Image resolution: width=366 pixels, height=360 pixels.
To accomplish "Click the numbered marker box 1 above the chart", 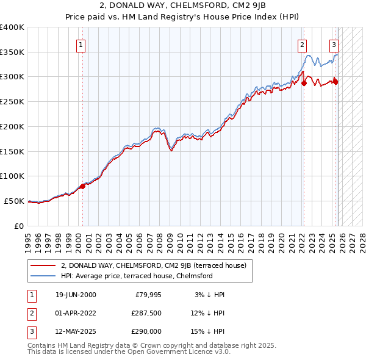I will tap(81, 44).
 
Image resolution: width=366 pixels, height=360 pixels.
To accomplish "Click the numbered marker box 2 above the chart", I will tap(302, 44).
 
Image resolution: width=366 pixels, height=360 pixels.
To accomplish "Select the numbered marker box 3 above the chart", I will tap(334, 44).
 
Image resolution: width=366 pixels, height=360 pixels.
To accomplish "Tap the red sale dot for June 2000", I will tap(83, 186).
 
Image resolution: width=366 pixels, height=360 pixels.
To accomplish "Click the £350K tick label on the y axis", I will tap(12, 52).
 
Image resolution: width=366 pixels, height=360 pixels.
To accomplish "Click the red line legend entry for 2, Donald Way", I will tap(153, 265).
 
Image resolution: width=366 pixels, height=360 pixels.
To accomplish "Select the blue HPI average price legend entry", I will tap(136, 276).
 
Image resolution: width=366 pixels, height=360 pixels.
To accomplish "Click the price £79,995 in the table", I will tap(146, 295).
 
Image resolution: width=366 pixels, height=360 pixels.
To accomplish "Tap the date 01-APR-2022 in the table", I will tap(75, 313).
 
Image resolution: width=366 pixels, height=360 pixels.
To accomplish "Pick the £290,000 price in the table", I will tap(146, 331).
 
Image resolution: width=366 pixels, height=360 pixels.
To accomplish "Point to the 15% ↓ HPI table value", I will tap(207, 331).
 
